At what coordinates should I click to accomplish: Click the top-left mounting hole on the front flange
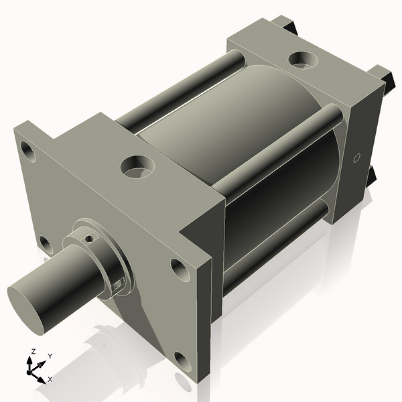(27, 150)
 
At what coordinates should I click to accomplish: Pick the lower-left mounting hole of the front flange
(44, 244)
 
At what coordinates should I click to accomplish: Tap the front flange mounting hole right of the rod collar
(180, 269)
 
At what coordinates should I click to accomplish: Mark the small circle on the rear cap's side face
(356, 158)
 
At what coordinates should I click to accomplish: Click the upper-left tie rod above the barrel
(174, 90)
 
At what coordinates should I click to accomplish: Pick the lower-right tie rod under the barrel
(275, 248)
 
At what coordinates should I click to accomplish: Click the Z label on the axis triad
(31, 352)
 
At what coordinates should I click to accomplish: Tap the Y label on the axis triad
(49, 356)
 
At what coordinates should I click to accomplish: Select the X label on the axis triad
(50, 379)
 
